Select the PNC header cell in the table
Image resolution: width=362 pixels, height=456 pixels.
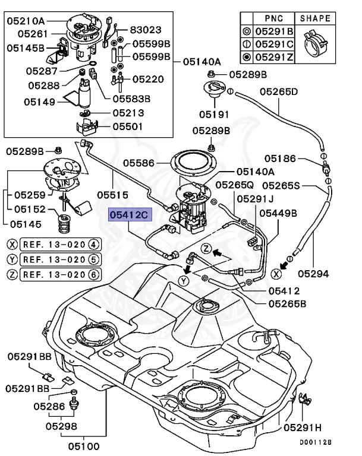(x=273, y=18)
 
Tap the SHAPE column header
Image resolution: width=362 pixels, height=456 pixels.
(x=316, y=18)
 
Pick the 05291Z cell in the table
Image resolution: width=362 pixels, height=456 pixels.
(x=273, y=58)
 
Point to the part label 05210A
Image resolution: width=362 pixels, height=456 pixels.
(x=26, y=21)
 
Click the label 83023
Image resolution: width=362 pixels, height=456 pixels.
(x=145, y=29)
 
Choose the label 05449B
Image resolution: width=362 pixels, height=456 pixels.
(x=278, y=213)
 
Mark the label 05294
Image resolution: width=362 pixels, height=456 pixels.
(x=313, y=274)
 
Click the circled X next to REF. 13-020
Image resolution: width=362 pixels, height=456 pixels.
(x=12, y=244)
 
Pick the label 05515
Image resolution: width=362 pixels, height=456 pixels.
(x=112, y=194)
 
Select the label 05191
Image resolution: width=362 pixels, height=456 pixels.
(x=213, y=113)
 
